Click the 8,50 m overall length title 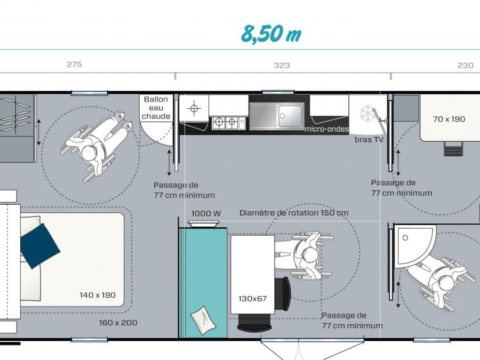(x=270, y=34)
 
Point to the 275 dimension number (x=74, y=65)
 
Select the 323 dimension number (x=282, y=66)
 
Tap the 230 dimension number (x=466, y=66)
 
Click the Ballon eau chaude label (x=156, y=108)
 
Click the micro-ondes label (x=326, y=129)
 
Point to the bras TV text (x=369, y=140)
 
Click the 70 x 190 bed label (x=449, y=119)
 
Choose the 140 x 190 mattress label (x=98, y=295)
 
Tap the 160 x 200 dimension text (x=118, y=323)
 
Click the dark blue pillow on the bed (x=40, y=246)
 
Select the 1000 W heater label (x=206, y=213)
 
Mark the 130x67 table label (x=253, y=299)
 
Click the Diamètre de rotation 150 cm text (x=294, y=213)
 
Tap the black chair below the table (x=254, y=323)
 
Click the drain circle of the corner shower (x=405, y=238)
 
